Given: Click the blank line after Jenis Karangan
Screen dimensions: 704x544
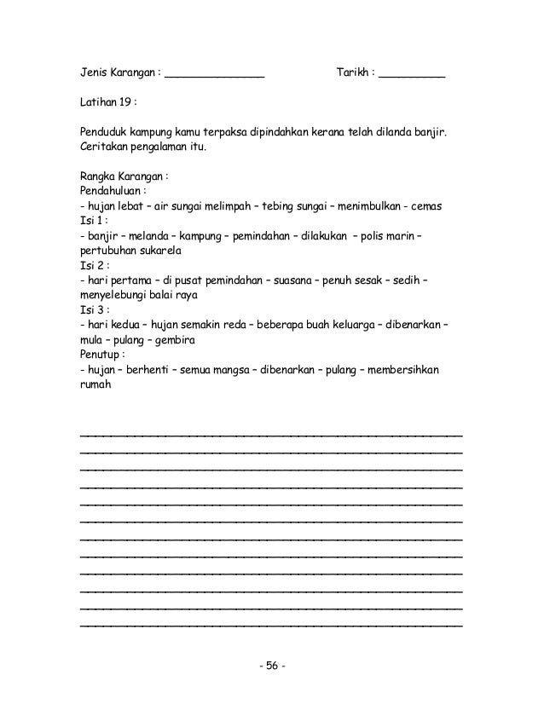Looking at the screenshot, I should (214, 77).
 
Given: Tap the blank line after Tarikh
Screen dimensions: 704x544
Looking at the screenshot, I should (412, 77).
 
